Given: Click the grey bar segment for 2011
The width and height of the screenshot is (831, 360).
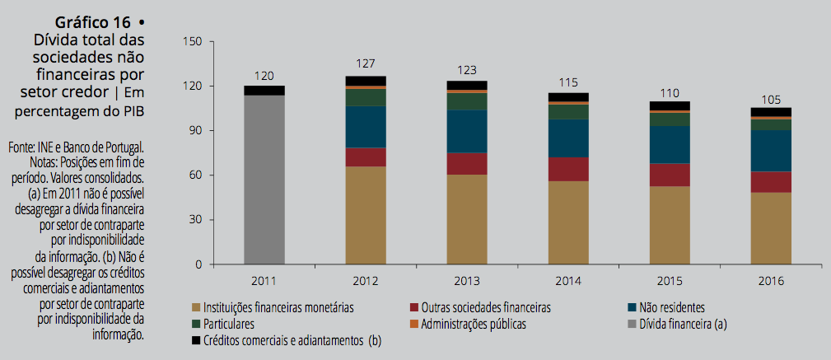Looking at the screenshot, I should point(264,180).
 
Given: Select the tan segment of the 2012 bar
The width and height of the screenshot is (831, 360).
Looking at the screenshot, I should point(366,215).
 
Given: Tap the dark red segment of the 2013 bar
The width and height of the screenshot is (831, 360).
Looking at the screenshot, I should point(467,163).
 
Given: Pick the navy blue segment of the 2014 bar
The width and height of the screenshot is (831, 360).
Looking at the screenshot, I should point(568,138).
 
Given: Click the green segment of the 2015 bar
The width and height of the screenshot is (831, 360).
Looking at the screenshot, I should point(670,119).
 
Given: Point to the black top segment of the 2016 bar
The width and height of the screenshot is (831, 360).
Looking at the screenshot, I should point(771,112).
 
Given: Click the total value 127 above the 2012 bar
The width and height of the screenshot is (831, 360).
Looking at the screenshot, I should point(366,64).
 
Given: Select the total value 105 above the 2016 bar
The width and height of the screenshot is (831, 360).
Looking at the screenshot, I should point(771,100).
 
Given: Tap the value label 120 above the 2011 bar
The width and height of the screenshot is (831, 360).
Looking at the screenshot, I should point(264,76).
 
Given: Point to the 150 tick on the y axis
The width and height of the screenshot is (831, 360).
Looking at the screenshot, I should point(194,41).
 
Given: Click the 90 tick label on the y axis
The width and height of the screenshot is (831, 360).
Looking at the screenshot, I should point(198,130).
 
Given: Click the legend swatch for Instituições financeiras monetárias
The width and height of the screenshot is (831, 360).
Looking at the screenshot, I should point(195,307).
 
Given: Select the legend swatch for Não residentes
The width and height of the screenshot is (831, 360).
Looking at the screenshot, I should point(633,307).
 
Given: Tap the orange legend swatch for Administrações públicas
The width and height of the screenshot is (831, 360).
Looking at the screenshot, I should point(413,324).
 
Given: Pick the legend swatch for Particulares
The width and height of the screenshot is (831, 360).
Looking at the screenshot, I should point(195,324).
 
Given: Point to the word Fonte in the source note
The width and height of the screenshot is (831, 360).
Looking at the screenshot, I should point(21,147).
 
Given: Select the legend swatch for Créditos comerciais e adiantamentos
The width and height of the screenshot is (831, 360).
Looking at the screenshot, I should point(195,339).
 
